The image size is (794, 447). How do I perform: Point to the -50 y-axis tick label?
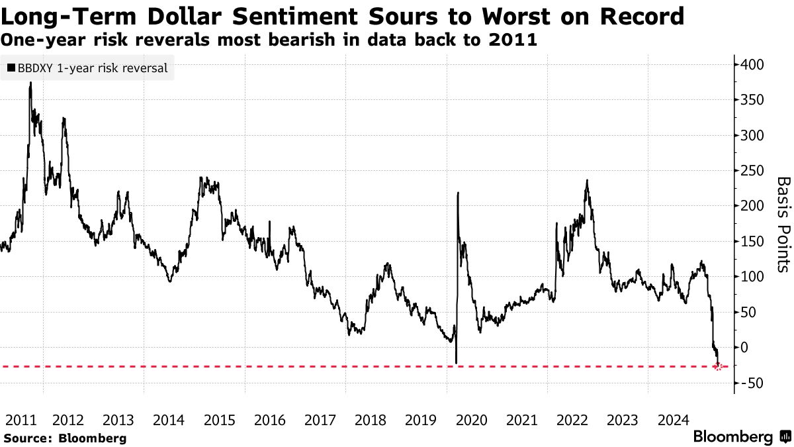click(753, 383)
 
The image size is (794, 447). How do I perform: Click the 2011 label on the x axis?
click(20, 420)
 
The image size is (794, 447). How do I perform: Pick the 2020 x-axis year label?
click(472, 420)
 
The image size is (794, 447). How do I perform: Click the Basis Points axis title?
click(783, 224)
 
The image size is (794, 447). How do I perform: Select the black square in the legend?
click(11, 68)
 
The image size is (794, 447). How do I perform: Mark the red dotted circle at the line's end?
click(719, 366)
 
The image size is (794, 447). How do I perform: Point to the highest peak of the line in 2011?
click(30, 83)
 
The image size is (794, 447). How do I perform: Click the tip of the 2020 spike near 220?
click(458, 193)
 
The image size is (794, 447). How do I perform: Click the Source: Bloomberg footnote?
click(65, 438)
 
